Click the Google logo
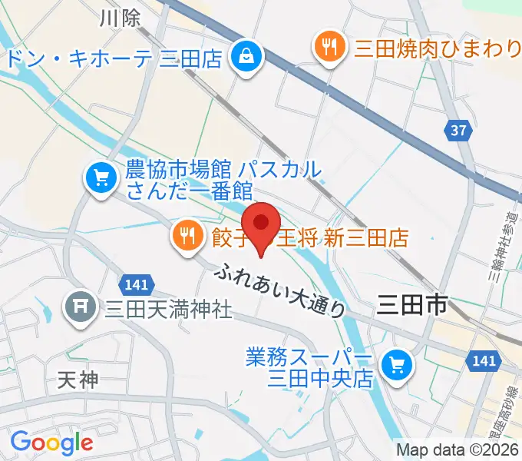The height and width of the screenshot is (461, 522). click(51, 442)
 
